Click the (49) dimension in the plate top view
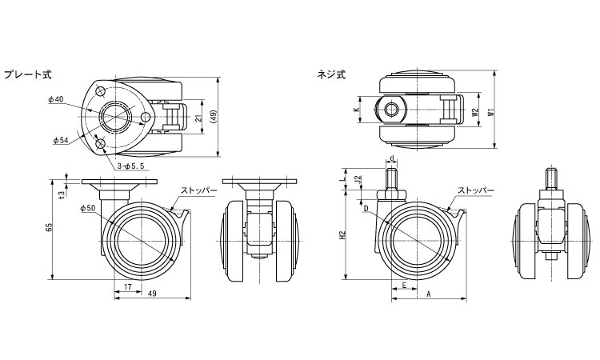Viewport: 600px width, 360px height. (x=213, y=117)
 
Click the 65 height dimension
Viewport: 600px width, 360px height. (x=50, y=228)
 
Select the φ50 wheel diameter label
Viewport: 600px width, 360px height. (x=89, y=208)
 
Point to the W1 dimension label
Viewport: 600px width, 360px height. (x=489, y=112)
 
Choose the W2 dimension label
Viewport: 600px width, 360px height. (x=474, y=112)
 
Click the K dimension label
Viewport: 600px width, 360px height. (x=356, y=110)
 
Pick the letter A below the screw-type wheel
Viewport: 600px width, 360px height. (x=429, y=294)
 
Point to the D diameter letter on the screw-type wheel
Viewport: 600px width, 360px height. (x=366, y=209)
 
